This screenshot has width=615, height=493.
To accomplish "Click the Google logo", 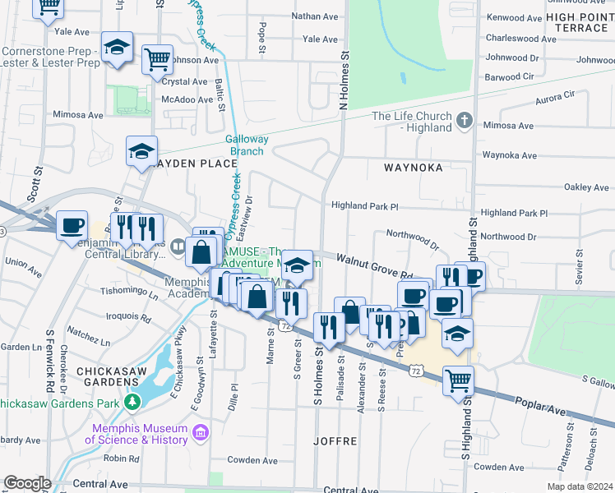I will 27,483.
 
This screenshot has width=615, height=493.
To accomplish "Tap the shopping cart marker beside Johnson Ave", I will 156,59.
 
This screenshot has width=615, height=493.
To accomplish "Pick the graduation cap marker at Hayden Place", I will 141,151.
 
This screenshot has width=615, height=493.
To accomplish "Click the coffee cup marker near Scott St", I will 72,224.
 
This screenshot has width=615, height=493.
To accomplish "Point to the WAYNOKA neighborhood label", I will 413,168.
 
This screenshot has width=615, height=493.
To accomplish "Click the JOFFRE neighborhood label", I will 335,441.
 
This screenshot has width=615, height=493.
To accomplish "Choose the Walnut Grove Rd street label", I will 373,265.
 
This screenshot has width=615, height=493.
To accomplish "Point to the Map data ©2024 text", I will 580,486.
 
